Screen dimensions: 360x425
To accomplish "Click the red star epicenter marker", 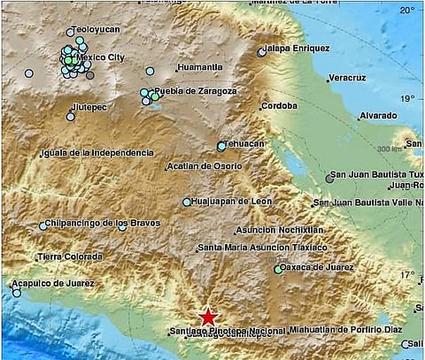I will click(208, 317).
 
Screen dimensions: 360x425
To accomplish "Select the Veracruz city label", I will click(347, 78).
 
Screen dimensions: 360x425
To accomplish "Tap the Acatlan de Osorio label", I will click(205, 166).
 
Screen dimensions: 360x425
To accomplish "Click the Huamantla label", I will click(199, 67).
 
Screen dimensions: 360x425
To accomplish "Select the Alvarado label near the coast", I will click(378, 116).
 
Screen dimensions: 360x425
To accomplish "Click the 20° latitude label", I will click(407, 10).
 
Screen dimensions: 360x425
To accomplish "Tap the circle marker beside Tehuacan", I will click(221, 147).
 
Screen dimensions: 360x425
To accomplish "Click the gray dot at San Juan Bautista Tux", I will click(330, 178).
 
